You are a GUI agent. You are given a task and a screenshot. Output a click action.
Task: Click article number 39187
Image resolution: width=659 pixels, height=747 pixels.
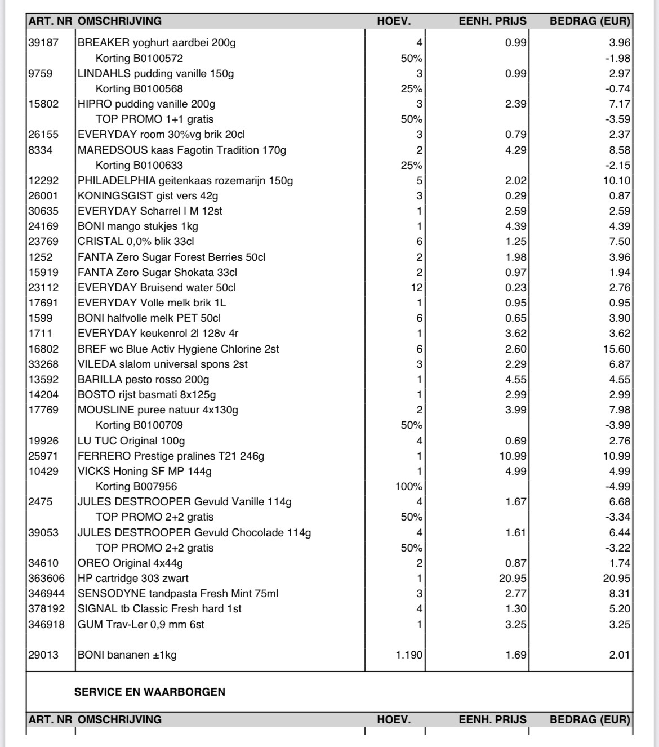(x=43, y=43)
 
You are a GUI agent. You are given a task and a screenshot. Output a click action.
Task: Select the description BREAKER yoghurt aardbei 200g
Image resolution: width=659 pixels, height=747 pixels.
(x=157, y=43)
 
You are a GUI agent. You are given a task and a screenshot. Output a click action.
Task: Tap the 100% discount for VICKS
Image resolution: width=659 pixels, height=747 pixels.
(x=408, y=487)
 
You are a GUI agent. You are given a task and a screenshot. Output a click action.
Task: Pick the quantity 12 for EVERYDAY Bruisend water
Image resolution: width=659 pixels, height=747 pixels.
(x=416, y=288)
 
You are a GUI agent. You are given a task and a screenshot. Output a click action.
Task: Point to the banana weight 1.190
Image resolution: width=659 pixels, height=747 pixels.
(x=409, y=655)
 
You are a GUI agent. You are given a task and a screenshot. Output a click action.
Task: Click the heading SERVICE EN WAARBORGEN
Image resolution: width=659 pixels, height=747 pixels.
(x=150, y=692)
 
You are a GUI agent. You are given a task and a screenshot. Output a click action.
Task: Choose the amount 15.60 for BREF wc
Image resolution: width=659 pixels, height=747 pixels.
(x=617, y=349)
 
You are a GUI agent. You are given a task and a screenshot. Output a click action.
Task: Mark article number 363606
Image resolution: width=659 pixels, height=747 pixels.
(x=47, y=579)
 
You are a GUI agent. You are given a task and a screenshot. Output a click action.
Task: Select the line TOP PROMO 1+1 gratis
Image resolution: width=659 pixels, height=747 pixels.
(x=154, y=119)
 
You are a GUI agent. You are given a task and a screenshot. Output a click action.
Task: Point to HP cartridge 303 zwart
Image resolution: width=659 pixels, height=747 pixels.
(x=133, y=579)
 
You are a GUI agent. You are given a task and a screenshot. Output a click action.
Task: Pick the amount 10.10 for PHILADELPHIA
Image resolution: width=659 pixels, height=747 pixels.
(x=617, y=181)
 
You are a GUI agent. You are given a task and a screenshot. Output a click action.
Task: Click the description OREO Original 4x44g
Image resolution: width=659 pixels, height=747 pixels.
(x=130, y=563)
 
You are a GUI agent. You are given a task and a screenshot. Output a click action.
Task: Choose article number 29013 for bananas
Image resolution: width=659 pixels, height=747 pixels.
(x=43, y=655)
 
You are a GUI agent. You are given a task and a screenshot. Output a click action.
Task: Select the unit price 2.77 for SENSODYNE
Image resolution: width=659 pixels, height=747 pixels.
(x=515, y=594)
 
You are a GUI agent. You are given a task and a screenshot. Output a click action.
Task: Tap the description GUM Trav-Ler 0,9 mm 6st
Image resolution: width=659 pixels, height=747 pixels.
(x=141, y=625)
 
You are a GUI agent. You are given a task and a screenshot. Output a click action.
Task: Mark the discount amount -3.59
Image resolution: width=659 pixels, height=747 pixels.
(x=618, y=119)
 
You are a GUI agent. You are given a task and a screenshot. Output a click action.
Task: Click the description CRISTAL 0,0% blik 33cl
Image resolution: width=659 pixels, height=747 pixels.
(x=136, y=242)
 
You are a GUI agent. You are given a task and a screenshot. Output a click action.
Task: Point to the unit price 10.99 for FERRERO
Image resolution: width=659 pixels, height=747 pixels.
(x=513, y=456)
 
